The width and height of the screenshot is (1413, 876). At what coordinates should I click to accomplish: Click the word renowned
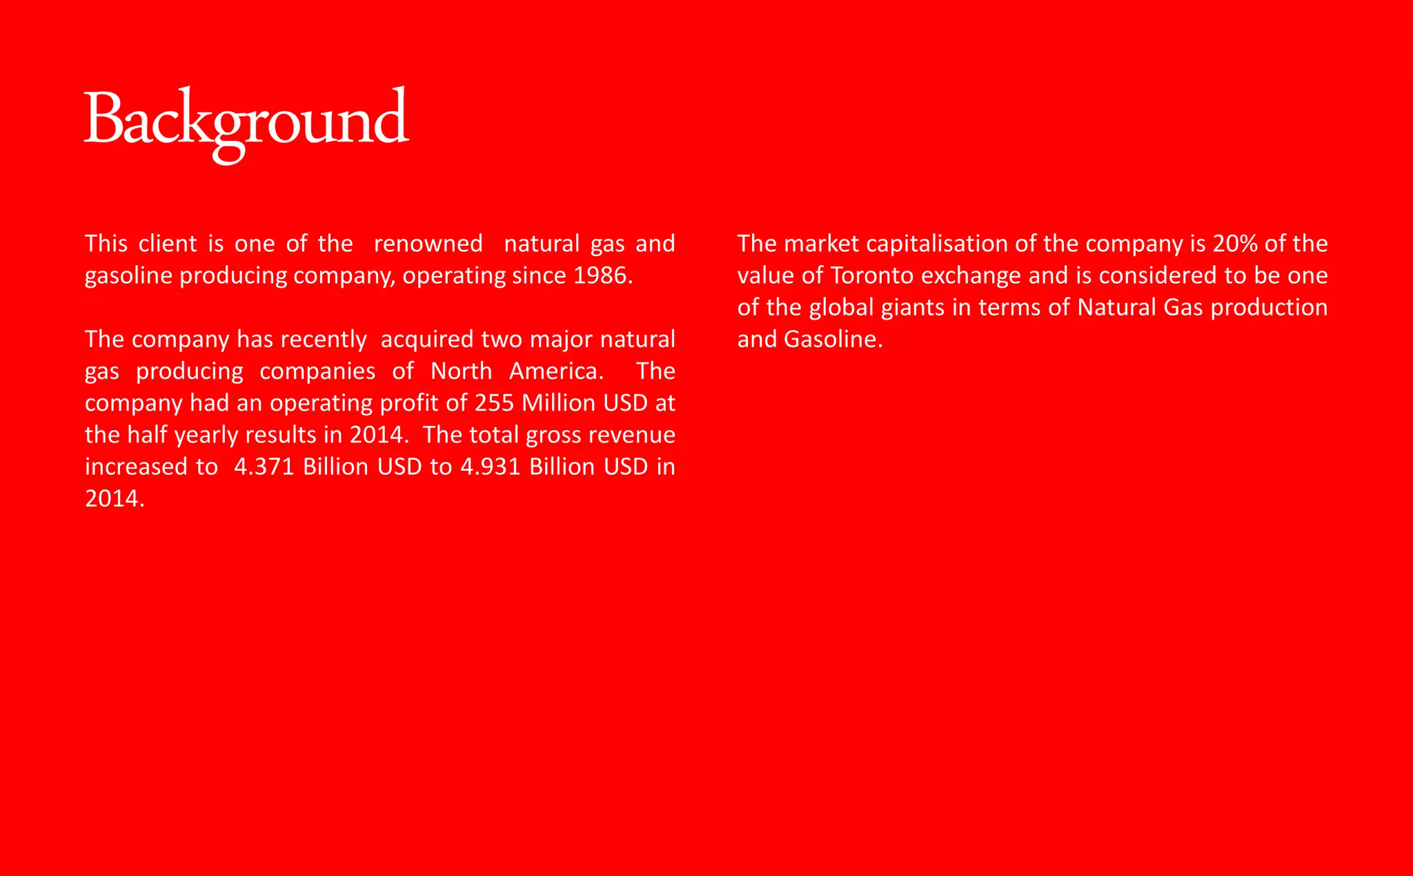[x=428, y=244]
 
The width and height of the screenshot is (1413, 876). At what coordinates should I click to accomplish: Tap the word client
[x=168, y=244]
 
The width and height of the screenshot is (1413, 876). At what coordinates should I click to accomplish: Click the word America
[x=556, y=371]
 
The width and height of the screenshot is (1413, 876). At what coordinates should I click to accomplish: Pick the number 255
[x=494, y=403]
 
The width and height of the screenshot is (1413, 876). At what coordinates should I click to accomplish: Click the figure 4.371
[x=264, y=467]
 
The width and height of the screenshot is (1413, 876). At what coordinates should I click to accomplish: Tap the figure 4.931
[x=490, y=467]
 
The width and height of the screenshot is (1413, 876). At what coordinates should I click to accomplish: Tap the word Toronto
[x=872, y=275]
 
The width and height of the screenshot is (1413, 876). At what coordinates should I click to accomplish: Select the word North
[x=461, y=371]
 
